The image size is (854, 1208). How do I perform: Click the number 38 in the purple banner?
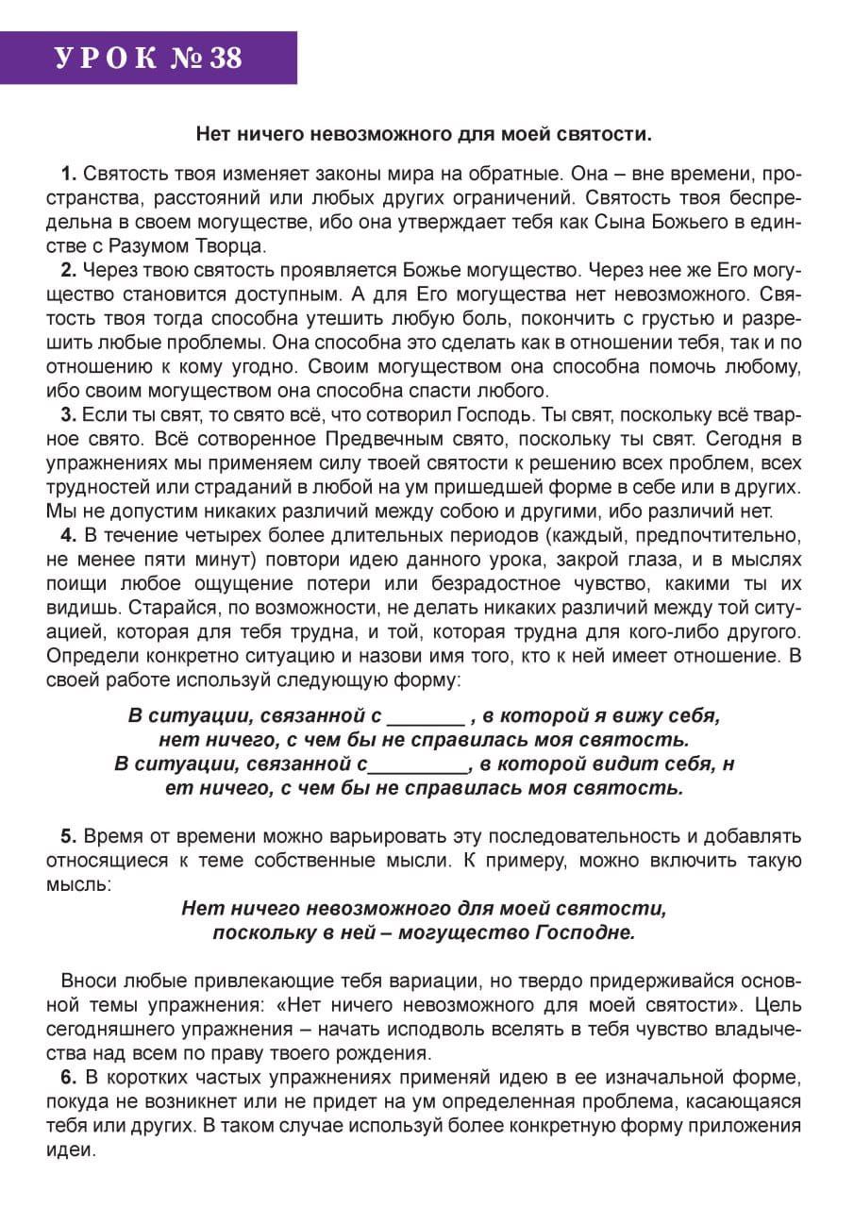226,59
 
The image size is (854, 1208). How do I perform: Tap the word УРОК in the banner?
106,59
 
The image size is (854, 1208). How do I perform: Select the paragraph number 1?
68,174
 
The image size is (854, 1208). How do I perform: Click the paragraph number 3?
68,414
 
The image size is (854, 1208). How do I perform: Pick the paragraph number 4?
68,537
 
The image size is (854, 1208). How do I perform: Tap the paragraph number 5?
68,836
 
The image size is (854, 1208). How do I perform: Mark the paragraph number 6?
68,1078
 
